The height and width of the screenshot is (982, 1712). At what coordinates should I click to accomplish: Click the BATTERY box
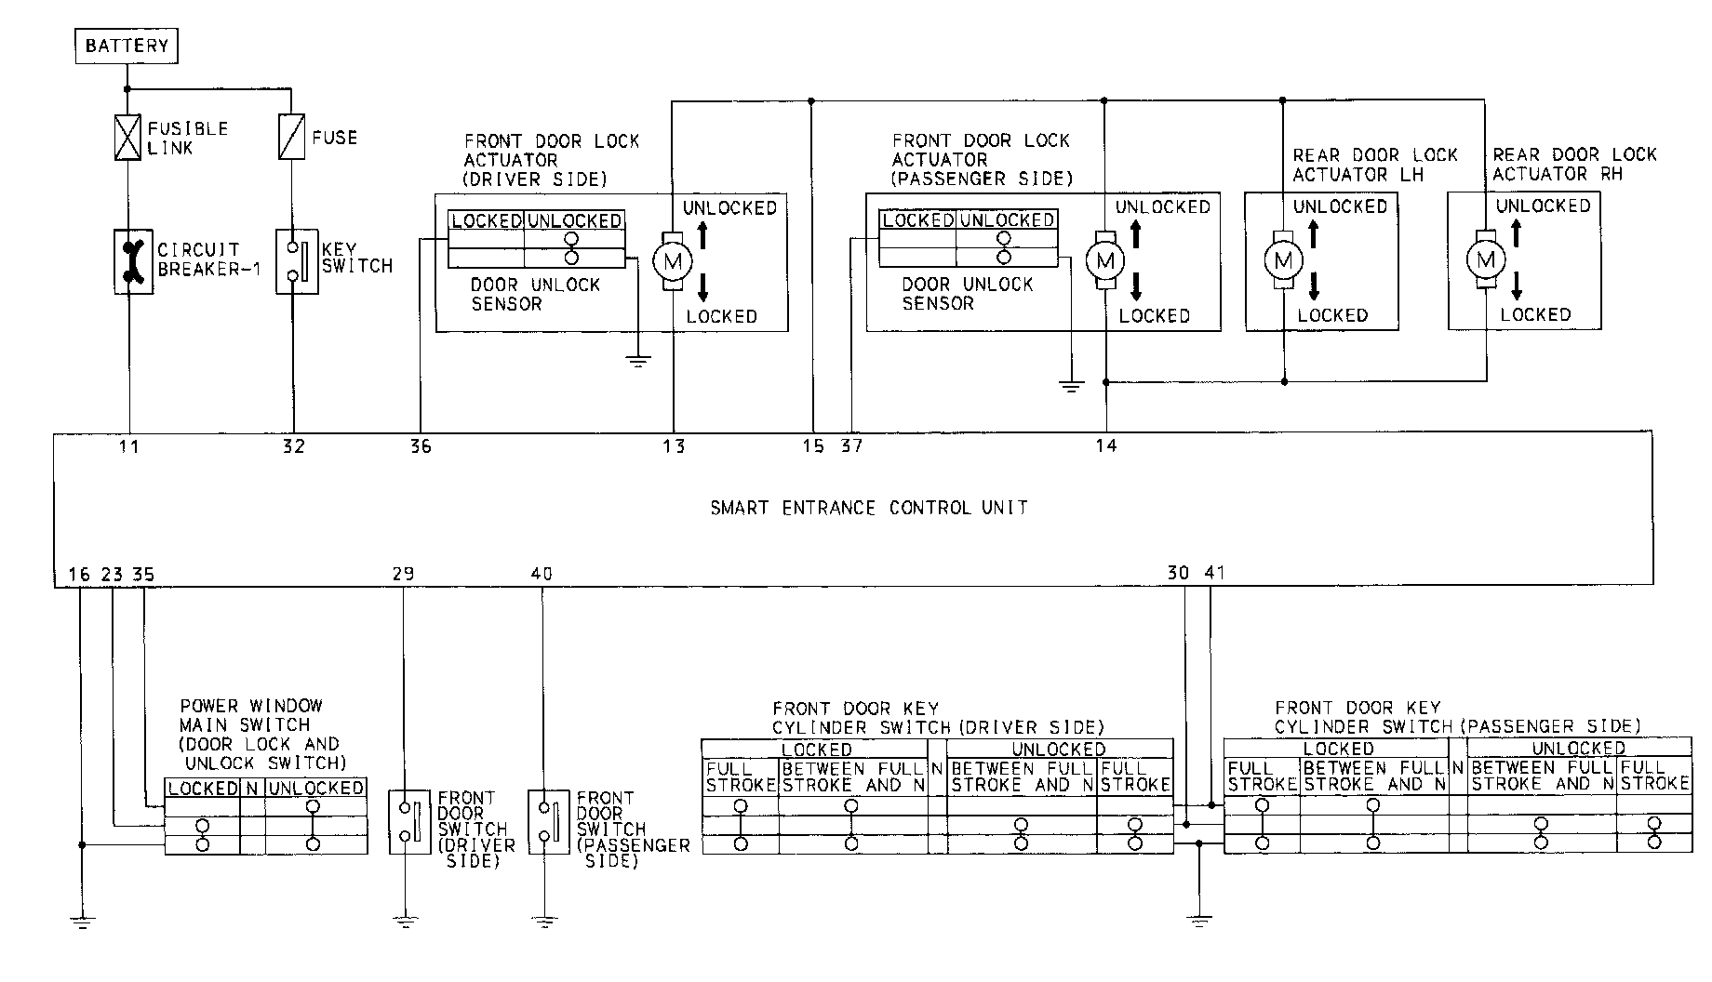click(126, 46)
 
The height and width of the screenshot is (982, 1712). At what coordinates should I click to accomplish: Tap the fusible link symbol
click(128, 137)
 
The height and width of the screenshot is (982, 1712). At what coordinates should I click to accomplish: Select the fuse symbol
click(292, 137)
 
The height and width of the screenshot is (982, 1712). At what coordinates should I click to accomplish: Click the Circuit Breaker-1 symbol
click(132, 261)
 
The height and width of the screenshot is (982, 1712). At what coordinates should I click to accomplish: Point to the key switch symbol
click(296, 261)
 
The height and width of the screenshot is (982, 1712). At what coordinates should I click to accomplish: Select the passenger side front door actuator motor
click(1105, 260)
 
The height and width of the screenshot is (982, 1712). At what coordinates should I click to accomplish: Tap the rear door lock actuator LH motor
click(1283, 259)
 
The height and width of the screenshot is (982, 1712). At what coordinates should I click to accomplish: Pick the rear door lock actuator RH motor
click(1485, 259)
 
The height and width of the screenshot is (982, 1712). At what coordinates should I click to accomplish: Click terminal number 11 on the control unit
click(128, 447)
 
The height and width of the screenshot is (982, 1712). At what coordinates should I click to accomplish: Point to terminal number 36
click(421, 447)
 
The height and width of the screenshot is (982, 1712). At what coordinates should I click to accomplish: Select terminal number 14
click(1105, 446)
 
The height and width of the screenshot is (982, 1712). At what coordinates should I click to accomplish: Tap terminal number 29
click(403, 574)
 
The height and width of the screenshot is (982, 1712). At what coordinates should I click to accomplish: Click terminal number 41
click(1214, 573)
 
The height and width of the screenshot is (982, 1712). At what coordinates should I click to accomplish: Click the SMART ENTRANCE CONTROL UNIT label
click(868, 508)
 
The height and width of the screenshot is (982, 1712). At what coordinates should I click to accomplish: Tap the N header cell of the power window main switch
click(252, 789)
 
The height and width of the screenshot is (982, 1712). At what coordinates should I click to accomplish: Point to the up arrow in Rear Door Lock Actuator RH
click(1516, 232)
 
